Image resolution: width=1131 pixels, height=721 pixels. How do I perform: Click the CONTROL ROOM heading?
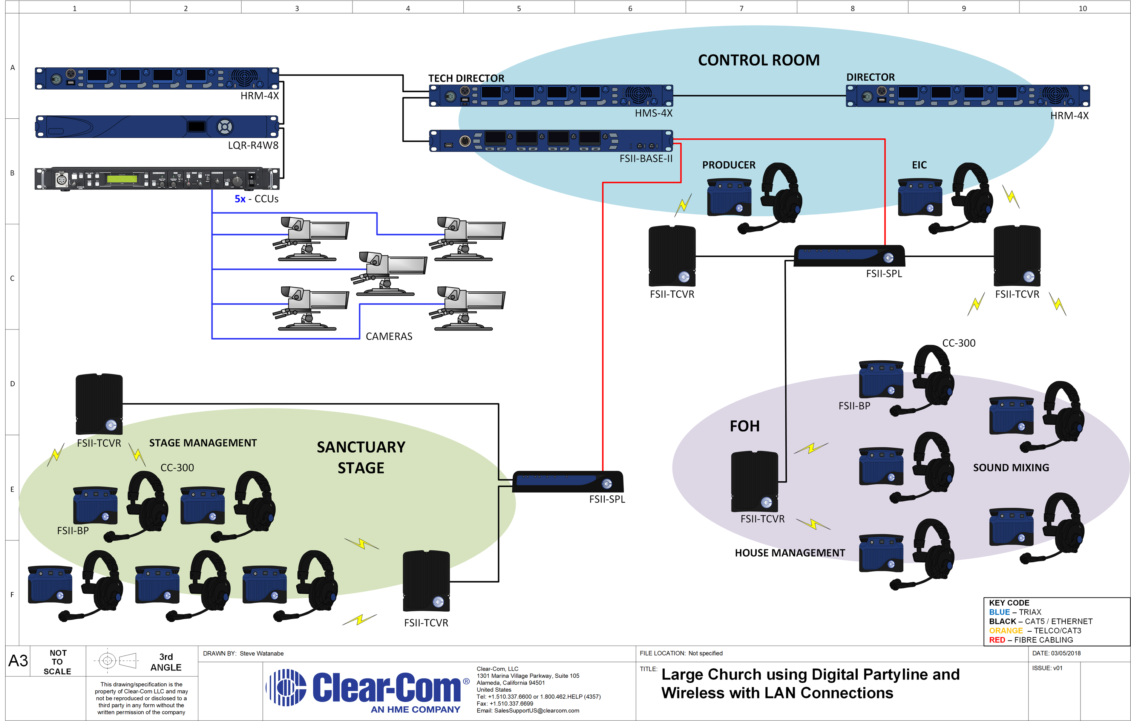[759, 60]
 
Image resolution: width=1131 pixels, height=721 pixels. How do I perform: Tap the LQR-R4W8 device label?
[253, 145]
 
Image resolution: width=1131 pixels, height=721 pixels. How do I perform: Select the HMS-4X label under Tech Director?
[653, 113]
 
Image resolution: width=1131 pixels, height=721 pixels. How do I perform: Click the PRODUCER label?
[728, 165]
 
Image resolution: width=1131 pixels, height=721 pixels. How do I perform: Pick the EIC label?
[919, 165]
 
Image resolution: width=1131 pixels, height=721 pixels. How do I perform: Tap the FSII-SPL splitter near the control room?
[849, 256]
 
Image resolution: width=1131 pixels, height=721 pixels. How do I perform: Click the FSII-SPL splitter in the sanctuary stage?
[568, 482]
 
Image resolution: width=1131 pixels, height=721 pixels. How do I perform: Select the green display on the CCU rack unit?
[122, 179]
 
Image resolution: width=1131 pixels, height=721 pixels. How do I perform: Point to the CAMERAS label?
[389, 336]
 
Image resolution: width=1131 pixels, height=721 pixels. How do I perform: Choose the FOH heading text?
[745, 426]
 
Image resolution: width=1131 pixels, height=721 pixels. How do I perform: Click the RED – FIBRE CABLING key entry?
[1031, 640]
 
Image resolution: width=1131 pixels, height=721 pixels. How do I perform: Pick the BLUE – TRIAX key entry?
[1015, 612]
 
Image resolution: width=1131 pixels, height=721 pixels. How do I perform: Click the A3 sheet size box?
[18, 661]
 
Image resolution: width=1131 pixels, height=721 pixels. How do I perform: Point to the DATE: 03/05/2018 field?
[1056, 654]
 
